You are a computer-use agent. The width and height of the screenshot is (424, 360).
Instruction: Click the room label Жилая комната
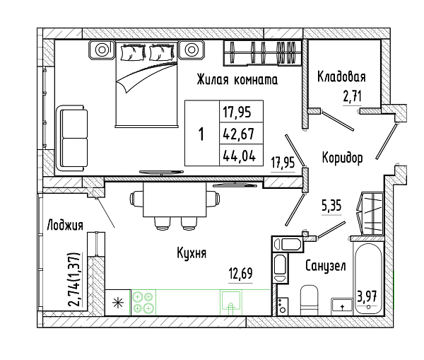pyautogui.click(x=237, y=80)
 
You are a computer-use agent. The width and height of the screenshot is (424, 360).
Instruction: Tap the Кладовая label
pyautogui.click(x=341, y=76)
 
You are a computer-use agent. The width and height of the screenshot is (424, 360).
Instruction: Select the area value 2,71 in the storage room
pyautogui.click(x=353, y=97)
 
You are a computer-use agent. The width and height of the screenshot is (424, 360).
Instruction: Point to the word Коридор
pyautogui.click(x=342, y=158)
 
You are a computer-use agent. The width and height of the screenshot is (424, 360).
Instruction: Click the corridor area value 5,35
pyautogui.click(x=331, y=206)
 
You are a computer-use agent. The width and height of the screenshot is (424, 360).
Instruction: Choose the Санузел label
pyautogui.click(x=326, y=265)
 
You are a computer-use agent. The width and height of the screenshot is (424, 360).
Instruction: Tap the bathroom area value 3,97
pyautogui.click(x=367, y=296)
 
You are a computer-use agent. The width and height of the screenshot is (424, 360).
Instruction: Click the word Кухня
pyautogui.click(x=192, y=253)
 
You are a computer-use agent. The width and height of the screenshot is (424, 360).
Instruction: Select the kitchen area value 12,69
pyautogui.click(x=241, y=274)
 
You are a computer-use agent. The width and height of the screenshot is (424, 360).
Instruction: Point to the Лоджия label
pyautogui.click(x=65, y=225)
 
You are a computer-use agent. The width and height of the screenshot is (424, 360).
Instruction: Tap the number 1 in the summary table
pyautogui.click(x=201, y=134)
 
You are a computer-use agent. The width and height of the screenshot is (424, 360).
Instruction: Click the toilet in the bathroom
pyautogui.click(x=309, y=300)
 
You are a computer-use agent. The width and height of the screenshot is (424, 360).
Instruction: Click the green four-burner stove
pyautogui.click(x=143, y=302)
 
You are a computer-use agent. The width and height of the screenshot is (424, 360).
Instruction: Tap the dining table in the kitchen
pyautogui.click(x=175, y=199)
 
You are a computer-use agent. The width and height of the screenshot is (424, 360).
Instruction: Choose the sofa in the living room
pyautogui.click(x=72, y=139)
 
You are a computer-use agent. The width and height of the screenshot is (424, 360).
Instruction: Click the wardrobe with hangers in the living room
pyautogui.click(x=262, y=53)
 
